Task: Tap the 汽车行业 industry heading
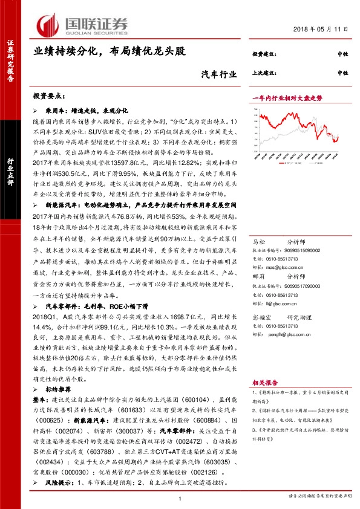tap(218, 75)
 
